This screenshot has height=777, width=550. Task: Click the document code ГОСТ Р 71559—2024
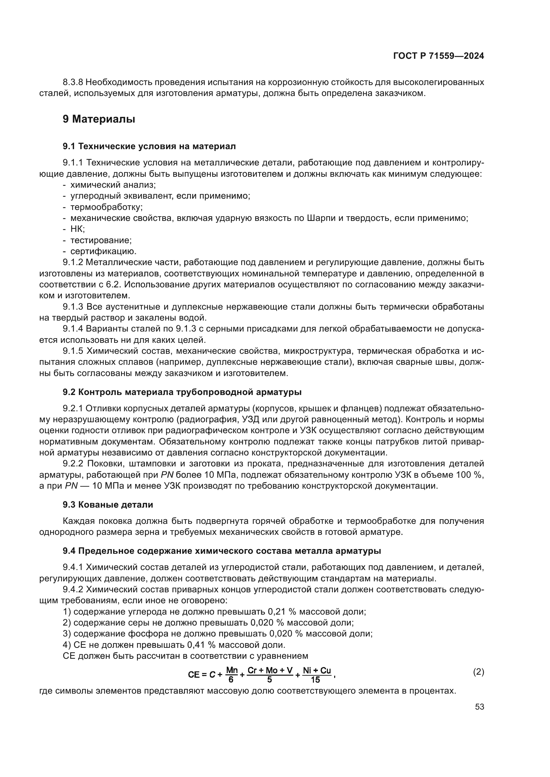[438, 56]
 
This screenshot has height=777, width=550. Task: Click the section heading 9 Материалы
[98, 119]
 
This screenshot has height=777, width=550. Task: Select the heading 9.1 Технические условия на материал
[149, 146]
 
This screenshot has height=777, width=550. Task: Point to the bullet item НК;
[77, 229]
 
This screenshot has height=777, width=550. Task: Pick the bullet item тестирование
[100, 240]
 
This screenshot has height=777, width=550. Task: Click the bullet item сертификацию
[103, 251]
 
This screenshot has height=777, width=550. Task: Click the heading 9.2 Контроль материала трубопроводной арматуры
[182, 392]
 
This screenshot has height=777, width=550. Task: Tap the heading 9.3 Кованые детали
[108, 505]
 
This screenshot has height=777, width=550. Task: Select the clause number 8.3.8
[73, 82]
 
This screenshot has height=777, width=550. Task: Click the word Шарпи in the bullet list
[320, 218]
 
